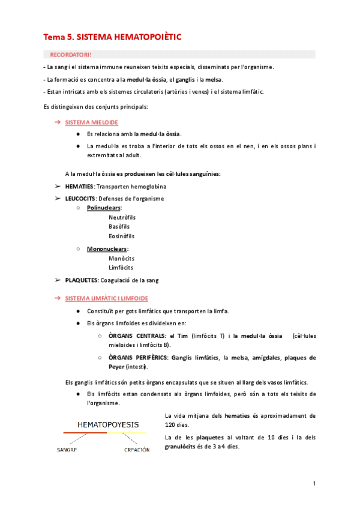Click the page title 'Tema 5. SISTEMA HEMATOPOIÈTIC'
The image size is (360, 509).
(x=112, y=37)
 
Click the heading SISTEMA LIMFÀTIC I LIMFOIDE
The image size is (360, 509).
(x=106, y=298)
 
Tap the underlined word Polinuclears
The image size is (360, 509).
(x=103, y=208)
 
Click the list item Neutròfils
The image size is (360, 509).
(x=122, y=217)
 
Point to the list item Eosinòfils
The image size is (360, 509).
(x=121, y=236)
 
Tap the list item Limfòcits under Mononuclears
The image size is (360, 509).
(x=121, y=268)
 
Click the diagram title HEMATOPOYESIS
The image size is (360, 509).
(x=105, y=424)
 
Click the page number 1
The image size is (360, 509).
(x=314, y=484)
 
